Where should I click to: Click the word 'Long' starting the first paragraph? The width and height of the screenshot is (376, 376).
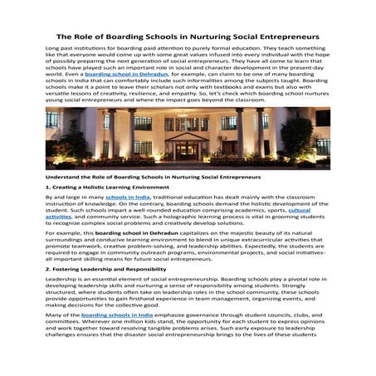click(x=52, y=51)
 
